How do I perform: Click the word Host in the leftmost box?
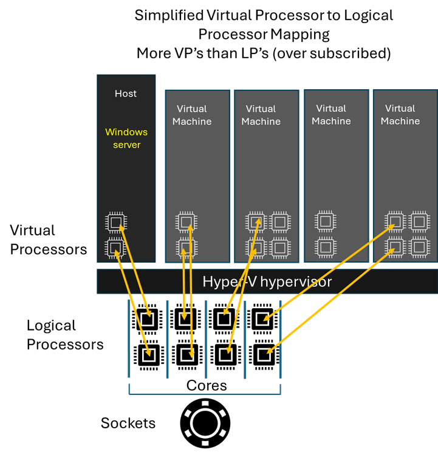(x=126, y=93)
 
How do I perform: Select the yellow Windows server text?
(x=126, y=138)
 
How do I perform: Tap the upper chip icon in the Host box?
(x=116, y=222)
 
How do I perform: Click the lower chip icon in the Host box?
(x=115, y=248)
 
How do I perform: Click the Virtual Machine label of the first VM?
(x=192, y=115)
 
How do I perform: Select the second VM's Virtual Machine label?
(x=261, y=115)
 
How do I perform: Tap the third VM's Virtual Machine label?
(x=331, y=115)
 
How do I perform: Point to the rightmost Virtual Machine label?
(x=400, y=115)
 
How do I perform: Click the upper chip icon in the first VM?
(x=186, y=222)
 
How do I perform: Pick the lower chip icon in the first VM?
(x=186, y=248)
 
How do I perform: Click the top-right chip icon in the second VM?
(x=280, y=222)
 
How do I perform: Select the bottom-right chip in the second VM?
(x=280, y=248)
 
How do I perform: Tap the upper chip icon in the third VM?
(x=326, y=221)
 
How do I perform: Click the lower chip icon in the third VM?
(x=326, y=247)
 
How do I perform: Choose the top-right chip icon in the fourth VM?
(x=420, y=222)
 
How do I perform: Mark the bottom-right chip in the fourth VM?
(x=420, y=247)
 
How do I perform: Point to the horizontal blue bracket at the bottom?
(x=205, y=394)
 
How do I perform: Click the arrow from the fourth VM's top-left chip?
(x=328, y=272)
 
